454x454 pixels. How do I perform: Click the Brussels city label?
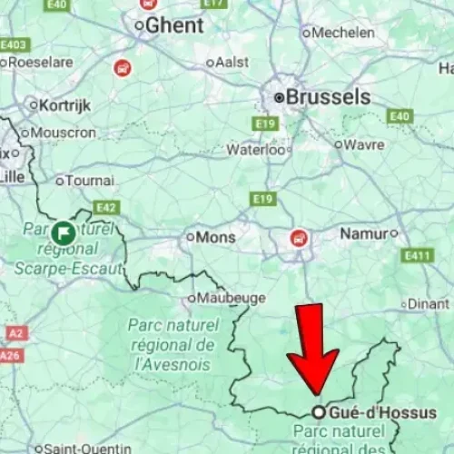click(328, 96)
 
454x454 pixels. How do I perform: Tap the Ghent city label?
click(174, 25)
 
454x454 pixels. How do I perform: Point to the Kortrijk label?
click(66, 105)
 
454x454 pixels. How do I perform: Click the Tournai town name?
click(90, 181)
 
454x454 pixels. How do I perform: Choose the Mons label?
click(216, 237)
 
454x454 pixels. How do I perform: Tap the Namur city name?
click(363, 233)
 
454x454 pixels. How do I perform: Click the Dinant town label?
click(428, 304)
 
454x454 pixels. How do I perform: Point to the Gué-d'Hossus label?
click(381, 412)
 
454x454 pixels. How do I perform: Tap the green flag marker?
click(64, 232)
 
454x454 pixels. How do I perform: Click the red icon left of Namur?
click(298, 238)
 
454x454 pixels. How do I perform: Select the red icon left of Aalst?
click(122, 67)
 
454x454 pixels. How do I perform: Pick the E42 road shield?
click(106, 208)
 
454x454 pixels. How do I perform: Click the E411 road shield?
click(417, 256)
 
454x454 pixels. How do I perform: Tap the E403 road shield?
click(15, 44)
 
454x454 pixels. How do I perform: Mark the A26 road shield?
click(10, 355)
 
